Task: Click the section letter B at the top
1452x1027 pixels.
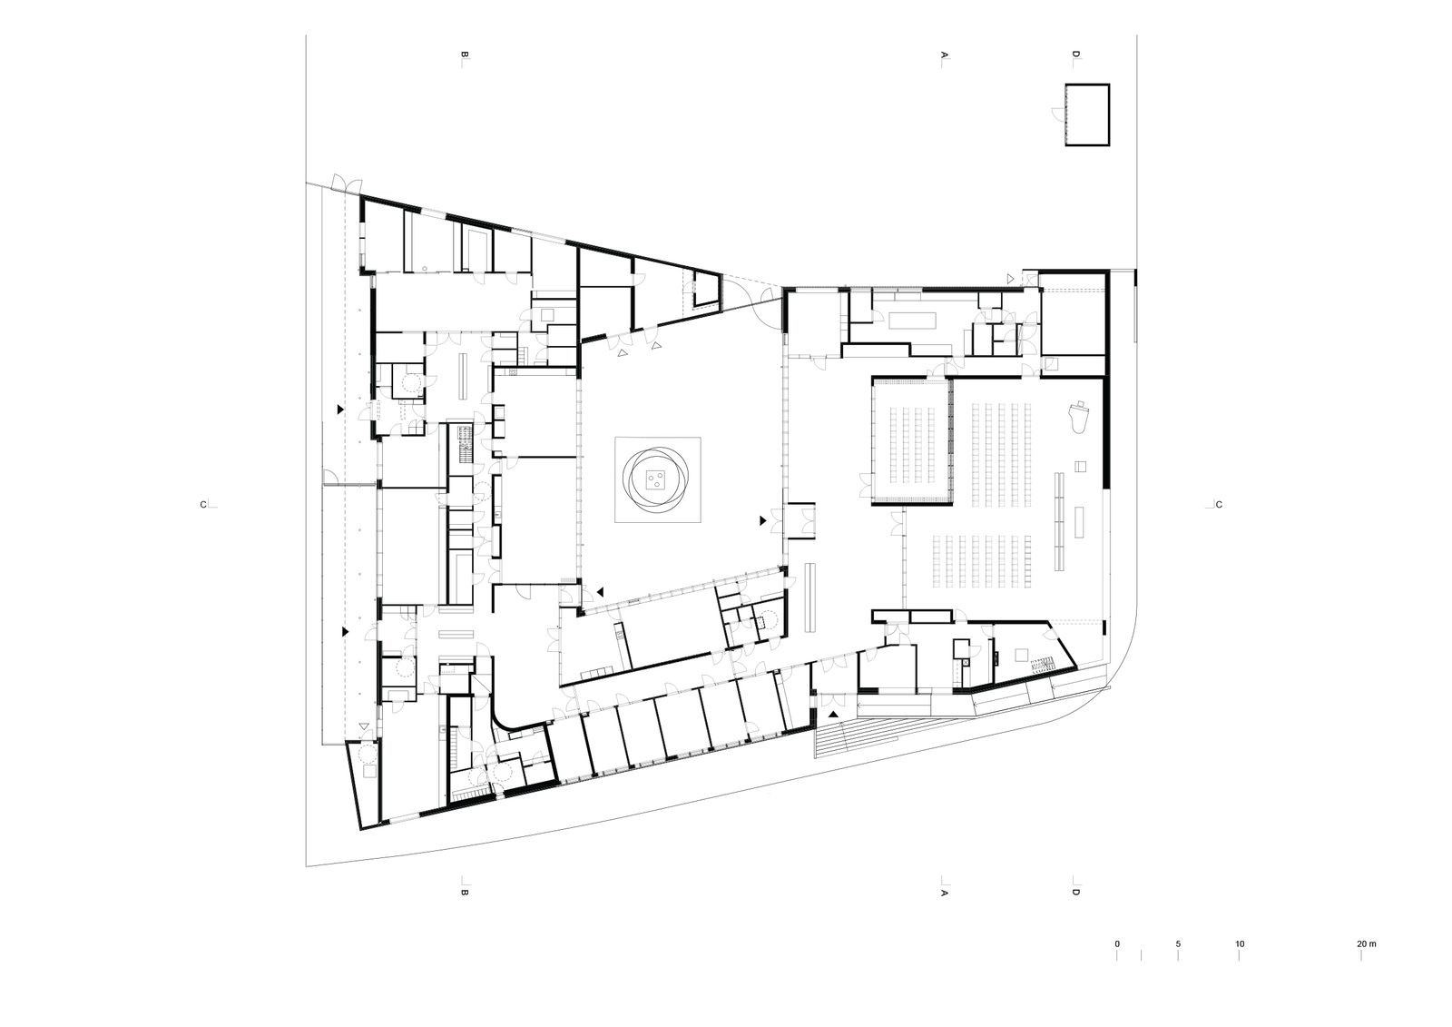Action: [x=464, y=55]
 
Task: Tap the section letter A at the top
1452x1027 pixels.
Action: [x=944, y=55]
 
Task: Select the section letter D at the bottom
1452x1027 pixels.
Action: [x=1076, y=892]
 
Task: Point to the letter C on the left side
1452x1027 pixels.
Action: [x=203, y=505]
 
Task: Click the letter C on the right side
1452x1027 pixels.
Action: [x=1220, y=505]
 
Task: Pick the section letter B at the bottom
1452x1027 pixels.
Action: [x=464, y=892]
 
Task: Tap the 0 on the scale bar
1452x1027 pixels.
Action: [x=1117, y=944]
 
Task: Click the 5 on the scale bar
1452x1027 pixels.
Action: [x=1178, y=944]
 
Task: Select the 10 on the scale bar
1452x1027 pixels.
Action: [x=1240, y=944]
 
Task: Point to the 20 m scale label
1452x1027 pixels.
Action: [x=1367, y=944]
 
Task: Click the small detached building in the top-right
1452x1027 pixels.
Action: [x=1087, y=114]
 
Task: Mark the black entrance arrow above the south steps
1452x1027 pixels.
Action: [x=834, y=714]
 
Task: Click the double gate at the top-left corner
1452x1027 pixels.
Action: [x=345, y=183]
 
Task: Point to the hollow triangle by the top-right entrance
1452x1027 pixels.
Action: [x=1011, y=279]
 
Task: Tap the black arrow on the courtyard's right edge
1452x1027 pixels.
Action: [x=763, y=520]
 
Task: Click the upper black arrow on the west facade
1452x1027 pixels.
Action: [x=339, y=410]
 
